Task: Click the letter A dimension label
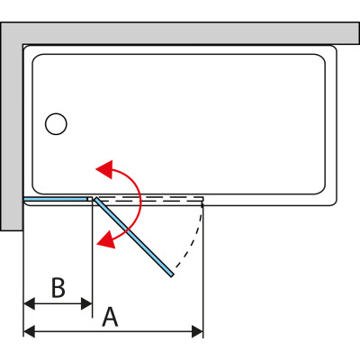pos(110,317)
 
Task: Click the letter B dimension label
pos(58,288)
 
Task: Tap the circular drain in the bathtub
pos(56,124)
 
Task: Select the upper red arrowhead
pos(104,169)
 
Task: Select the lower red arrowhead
pos(106,239)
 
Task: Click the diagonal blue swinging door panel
pos(134,237)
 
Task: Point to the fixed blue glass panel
pos(55,199)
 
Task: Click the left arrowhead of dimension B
pos(29,303)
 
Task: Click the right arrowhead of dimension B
pos(86,303)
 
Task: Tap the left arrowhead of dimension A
pos(29,331)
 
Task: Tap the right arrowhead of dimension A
pos(197,331)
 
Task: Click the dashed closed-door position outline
pos(150,199)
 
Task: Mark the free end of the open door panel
pos(172,275)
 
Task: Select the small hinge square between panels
pos(89,199)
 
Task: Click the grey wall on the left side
pos(12,126)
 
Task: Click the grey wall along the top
pos(180,33)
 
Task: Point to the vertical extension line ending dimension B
pos(92,259)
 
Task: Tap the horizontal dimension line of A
pos(113,331)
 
